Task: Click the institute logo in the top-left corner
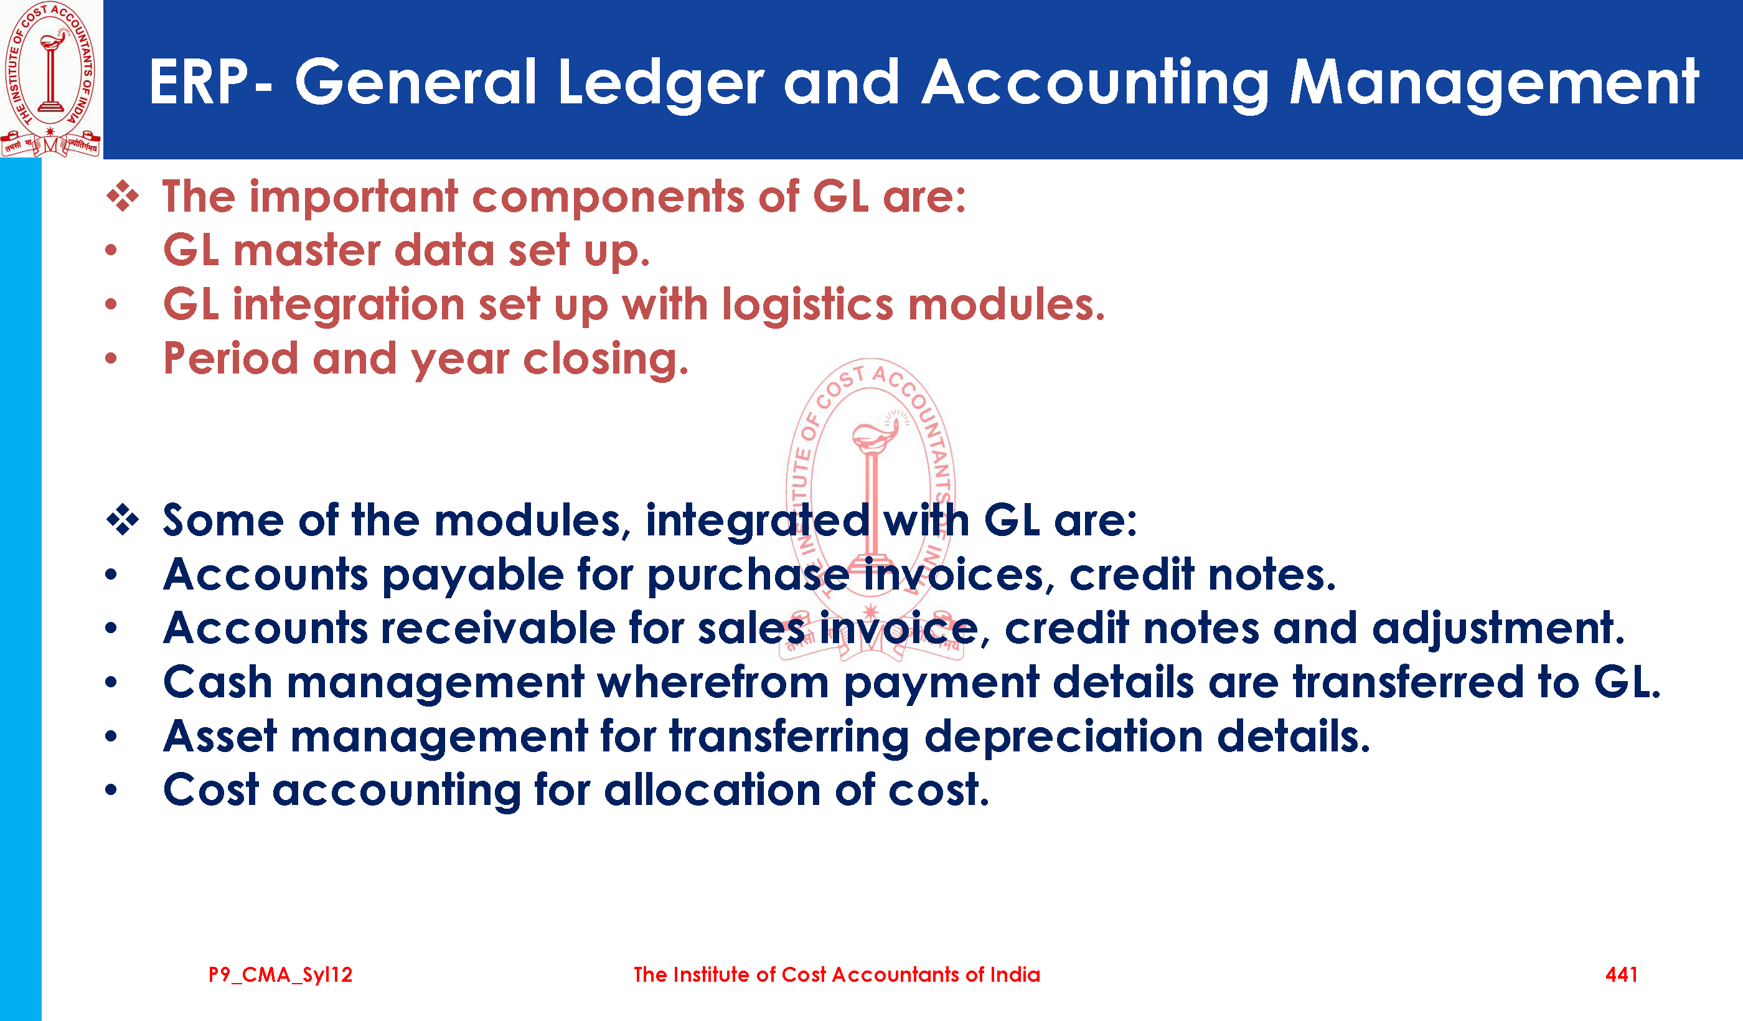[x=51, y=79]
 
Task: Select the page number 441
[x=1621, y=975]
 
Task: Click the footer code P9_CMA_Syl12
[x=281, y=976]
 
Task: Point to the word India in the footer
[x=1015, y=975]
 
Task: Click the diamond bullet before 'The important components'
[x=123, y=197]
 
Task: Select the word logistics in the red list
[x=807, y=306]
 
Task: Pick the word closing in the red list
[x=605, y=360]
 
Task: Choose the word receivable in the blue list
[x=498, y=628]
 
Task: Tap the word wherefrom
[x=713, y=682]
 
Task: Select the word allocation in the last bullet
[x=712, y=790]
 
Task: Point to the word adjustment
[x=1498, y=629]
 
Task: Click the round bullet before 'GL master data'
[x=111, y=250]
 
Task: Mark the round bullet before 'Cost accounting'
[x=111, y=790]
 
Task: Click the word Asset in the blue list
[x=220, y=736]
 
